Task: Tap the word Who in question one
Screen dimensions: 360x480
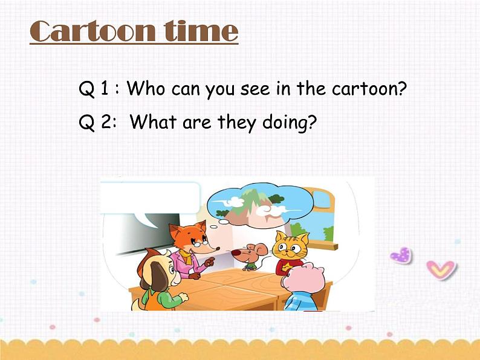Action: click(x=146, y=89)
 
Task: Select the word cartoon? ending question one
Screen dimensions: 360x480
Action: click(x=369, y=89)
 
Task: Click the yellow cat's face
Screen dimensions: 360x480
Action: click(x=289, y=246)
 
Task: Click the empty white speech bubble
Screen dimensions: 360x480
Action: click(x=149, y=197)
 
